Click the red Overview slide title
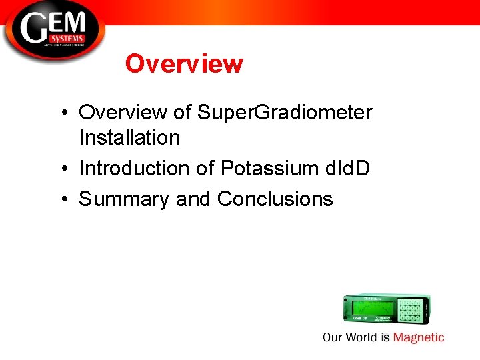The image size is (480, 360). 184,64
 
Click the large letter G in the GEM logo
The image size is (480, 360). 34,30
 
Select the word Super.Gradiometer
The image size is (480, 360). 285,113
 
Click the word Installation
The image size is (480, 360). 129,138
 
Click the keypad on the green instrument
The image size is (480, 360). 411,310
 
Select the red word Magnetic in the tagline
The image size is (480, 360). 418,337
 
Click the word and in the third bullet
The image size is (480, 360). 193,199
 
